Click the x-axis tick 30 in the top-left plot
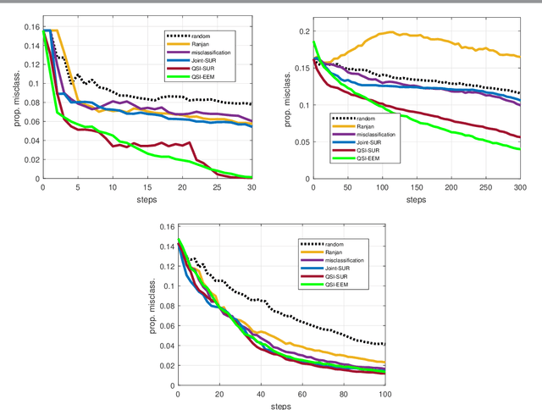tap(252, 187)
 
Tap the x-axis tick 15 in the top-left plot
tap(147, 187)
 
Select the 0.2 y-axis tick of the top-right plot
tap(303, 31)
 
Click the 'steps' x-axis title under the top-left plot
tap(147, 200)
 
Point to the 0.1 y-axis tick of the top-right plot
tap(303, 105)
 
